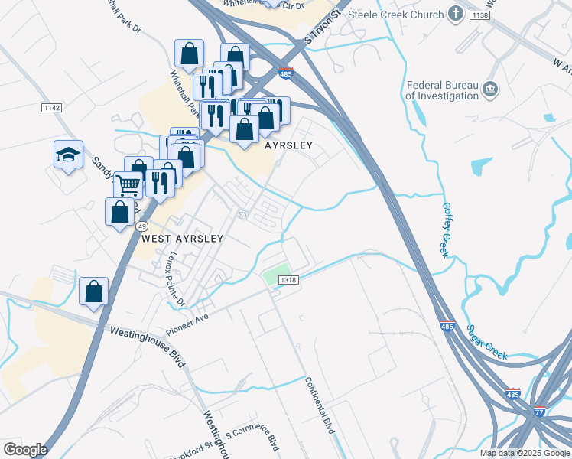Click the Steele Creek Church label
point(395,15)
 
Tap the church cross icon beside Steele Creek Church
point(456,14)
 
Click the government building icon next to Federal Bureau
point(490,91)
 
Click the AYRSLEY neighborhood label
point(290,145)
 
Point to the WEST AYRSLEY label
point(182,239)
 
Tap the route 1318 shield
point(288,280)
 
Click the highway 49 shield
point(142,226)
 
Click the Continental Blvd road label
point(319,405)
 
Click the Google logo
point(25,450)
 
